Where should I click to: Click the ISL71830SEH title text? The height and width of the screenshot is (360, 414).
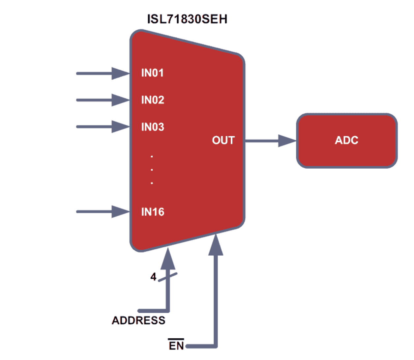point(187,19)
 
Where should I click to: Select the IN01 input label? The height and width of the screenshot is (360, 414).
point(152,73)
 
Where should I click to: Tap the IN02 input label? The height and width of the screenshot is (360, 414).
point(153,100)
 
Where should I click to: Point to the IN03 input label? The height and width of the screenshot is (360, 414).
point(153,127)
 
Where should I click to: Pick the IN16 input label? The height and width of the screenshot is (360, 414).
point(153,212)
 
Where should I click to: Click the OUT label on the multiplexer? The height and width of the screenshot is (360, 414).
point(223,140)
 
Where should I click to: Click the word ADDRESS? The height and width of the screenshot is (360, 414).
point(138,320)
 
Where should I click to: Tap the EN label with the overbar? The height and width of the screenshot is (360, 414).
point(176,345)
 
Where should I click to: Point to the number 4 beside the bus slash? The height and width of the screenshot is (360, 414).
point(153,277)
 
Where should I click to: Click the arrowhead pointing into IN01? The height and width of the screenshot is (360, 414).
point(121,73)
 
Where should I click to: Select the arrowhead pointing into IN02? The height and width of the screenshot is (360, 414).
point(121,100)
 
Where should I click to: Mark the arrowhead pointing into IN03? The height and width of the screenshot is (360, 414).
point(121,127)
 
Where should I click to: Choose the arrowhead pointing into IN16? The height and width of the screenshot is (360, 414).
point(121,212)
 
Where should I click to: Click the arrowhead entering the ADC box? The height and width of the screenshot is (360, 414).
point(287,141)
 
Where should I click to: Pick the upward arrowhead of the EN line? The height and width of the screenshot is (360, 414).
point(216,245)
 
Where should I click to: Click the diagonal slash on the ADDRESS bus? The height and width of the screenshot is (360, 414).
point(168,277)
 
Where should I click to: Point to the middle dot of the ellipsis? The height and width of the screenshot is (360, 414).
point(152,170)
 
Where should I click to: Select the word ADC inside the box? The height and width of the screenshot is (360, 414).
point(347,140)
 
